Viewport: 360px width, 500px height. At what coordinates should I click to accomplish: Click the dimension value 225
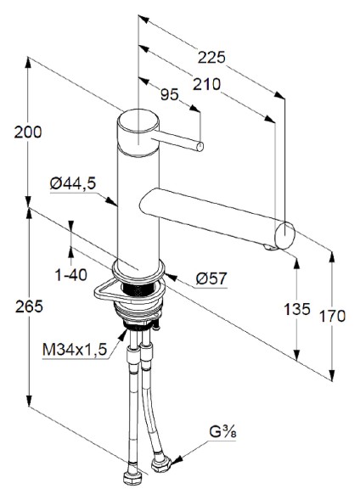(211, 58)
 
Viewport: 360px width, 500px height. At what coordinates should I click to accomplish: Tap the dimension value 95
(171, 96)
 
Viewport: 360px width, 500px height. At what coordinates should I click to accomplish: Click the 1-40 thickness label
(71, 276)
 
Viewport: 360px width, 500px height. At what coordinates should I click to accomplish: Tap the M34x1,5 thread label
(75, 348)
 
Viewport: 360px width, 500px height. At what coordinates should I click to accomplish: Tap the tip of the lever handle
(200, 147)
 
